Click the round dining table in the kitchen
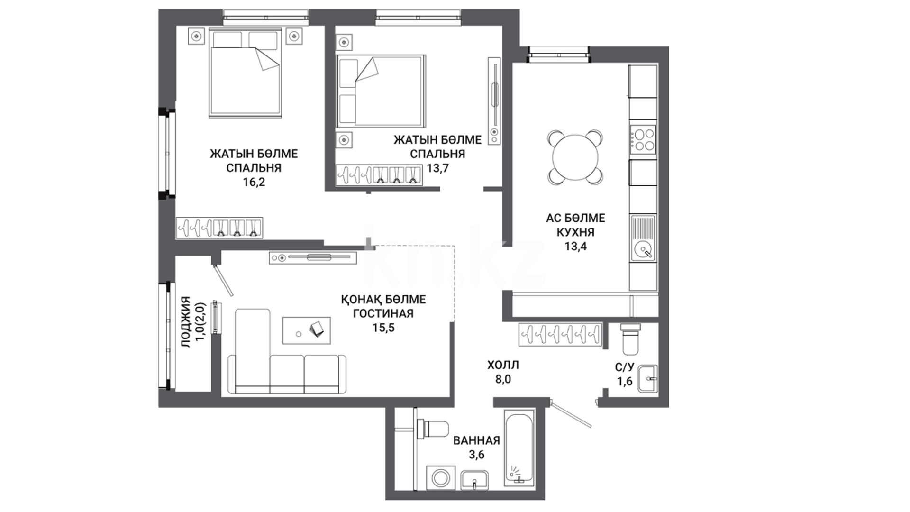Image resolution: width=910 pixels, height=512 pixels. click(x=575, y=157)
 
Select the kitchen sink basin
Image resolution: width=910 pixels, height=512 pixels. click(x=643, y=249)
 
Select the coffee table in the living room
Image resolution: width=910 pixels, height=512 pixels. click(x=306, y=330)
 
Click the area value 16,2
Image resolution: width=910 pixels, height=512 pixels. click(x=254, y=182)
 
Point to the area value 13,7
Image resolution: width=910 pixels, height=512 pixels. click(x=437, y=168)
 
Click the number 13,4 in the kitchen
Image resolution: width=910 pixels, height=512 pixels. click(x=575, y=246)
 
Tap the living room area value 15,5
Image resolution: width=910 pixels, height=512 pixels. click(x=383, y=328)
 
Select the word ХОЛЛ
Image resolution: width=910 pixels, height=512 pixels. click(x=503, y=365)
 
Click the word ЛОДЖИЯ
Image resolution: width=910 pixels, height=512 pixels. click(x=186, y=322)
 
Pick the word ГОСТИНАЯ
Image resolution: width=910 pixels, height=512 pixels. click(x=383, y=313)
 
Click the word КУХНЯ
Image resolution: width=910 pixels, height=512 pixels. click(x=575, y=232)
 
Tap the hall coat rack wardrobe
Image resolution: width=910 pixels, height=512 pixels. click(x=560, y=335)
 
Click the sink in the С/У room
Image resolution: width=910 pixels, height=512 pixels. click(x=647, y=379)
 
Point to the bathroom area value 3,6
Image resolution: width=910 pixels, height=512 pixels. click(x=477, y=455)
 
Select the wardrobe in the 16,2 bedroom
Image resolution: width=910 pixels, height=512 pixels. click(x=219, y=228)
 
